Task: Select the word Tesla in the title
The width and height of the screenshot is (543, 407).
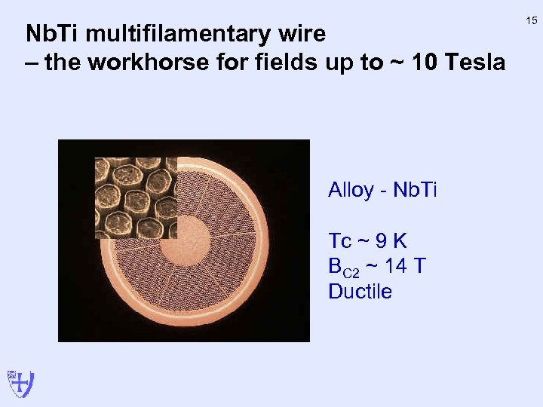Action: coord(476,62)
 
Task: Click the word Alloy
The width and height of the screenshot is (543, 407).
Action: coord(351,190)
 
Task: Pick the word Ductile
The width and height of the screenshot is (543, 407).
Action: coord(360,292)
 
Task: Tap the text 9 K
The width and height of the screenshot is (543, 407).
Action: coord(390,241)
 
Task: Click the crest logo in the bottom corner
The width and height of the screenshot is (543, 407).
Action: coord(20,383)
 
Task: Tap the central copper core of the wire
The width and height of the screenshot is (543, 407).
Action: coord(184,240)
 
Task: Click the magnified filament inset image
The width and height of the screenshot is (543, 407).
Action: coord(136,197)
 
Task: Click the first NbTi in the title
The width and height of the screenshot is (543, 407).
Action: coord(51,34)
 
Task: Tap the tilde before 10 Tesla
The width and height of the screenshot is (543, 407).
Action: coord(400,63)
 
